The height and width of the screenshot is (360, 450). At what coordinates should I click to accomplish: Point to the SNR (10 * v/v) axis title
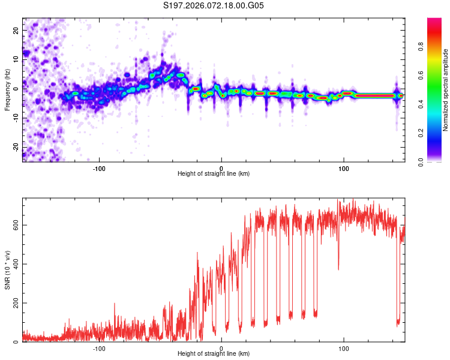pos(7,270)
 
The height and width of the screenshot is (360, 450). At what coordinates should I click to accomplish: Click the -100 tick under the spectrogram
pos(99,167)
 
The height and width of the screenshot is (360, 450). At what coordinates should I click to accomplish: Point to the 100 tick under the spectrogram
pos(344,167)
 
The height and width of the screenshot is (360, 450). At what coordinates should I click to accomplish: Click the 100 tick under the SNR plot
pos(344,347)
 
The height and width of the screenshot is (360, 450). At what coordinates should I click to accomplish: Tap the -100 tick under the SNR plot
pos(99,347)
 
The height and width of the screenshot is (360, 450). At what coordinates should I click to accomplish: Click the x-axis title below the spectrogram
pos(214,174)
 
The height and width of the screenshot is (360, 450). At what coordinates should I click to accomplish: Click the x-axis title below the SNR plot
pos(214,354)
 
